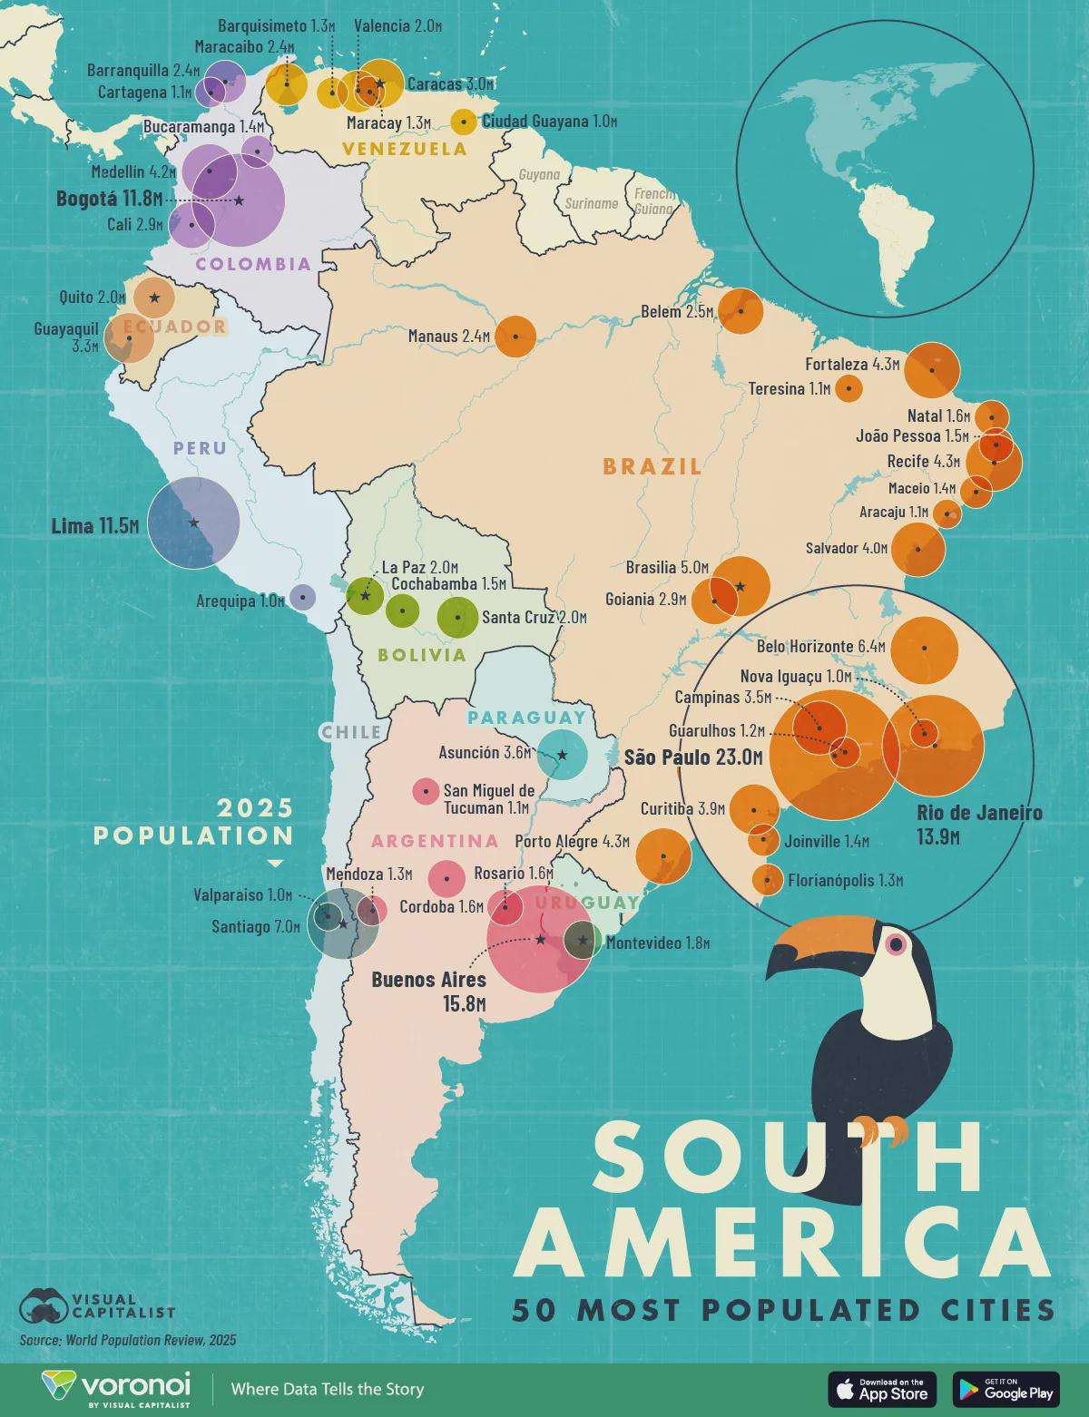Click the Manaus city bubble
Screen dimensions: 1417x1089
click(x=515, y=337)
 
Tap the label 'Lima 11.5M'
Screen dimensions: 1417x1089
click(x=94, y=525)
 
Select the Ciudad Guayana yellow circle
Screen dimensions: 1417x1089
click(x=464, y=122)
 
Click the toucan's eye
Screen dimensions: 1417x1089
click(x=897, y=944)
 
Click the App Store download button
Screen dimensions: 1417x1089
click(x=882, y=1389)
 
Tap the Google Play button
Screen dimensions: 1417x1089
click(x=1006, y=1389)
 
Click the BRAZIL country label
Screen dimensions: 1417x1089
click(x=652, y=466)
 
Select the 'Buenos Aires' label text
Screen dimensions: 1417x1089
click(x=428, y=980)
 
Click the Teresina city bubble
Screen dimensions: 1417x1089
click(x=849, y=388)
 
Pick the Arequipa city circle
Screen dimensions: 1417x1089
click(x=302, y=597)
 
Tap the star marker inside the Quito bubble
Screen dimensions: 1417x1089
click(x=154, y=298)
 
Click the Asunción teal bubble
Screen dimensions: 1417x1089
click(x=562, y=755)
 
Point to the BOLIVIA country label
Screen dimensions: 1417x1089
click(x=422, y=655)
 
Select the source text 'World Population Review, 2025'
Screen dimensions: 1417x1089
click(x=150, y=1340)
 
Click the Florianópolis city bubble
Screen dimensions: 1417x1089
click(x=769, y=879)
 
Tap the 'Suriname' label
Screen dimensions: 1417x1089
click(x=591, y=204)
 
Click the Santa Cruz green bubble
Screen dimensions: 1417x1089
click(x=458, y=618)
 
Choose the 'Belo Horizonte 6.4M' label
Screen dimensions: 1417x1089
click(x=819, y=647)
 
